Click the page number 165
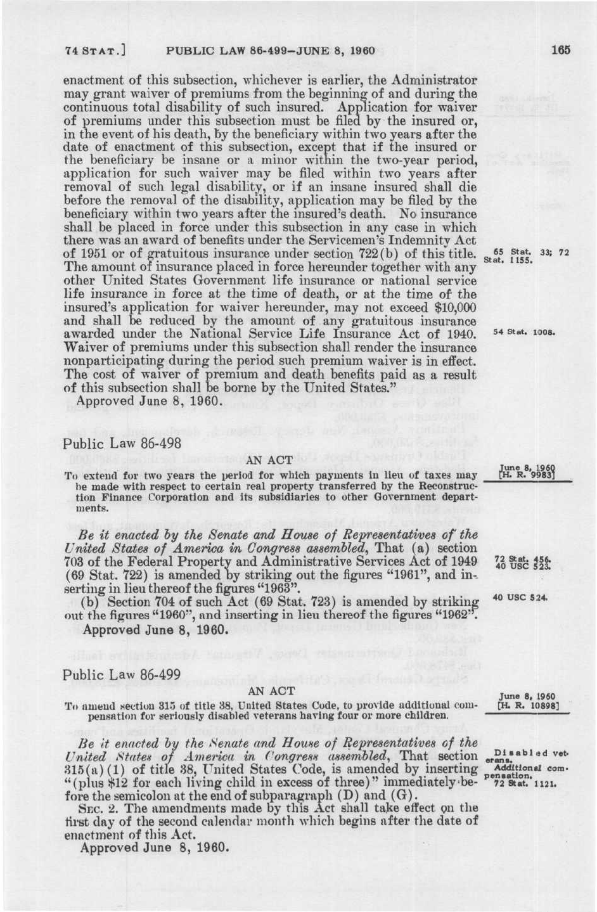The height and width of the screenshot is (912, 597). point(561,50)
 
